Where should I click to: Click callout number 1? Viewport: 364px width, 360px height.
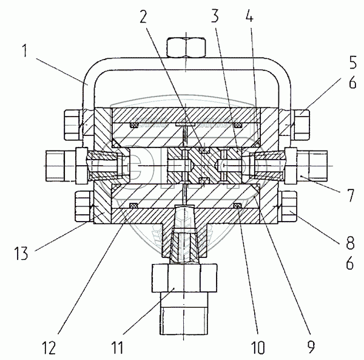[25, 51]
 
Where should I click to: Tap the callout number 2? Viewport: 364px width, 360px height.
[143, 16]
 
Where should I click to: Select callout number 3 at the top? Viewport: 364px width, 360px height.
[215, 16]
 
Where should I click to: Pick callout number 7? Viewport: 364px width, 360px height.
[349, 195]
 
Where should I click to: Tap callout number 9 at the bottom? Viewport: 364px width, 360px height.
[311, 347]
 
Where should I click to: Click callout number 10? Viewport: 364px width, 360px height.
[258, 348]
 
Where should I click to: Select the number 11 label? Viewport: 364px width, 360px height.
[117, 348]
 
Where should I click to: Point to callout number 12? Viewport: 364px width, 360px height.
[49, 348]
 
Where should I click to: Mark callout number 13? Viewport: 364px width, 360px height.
[21, 253]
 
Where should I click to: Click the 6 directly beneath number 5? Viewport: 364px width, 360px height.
[352, 82]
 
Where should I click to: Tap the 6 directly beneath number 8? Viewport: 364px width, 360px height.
[350, 263]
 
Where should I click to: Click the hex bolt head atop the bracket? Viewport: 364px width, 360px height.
[186, 47]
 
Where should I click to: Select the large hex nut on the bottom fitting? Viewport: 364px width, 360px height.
[184, 278]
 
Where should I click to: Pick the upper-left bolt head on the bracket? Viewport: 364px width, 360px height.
[72, 125]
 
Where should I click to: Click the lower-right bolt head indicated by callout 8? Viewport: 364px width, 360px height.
[288, 206]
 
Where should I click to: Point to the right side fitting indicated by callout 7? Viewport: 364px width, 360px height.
[306, 166]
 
